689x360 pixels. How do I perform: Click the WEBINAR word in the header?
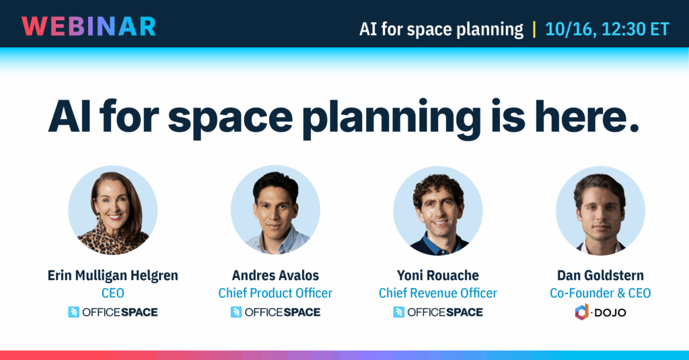click(x=89, y=26)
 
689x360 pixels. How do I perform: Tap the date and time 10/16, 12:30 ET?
click(x=607, y=30)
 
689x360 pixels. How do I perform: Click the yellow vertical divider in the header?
click(x=534, y=30)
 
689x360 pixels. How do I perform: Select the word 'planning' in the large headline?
click(x=391, y=118)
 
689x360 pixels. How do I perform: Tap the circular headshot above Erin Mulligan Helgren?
click(x=113, y=210)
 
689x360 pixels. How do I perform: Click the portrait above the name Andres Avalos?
click(x=275, y=210)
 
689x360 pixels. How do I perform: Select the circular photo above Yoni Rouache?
click(x=438, y=210)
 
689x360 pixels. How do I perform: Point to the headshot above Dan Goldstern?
click(x=601, y=210)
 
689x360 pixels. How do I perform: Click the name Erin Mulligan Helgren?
click(x=113, y=276)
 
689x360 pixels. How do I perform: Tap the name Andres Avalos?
click(x=275, y=276)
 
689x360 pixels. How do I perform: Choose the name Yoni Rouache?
click(x=438, y=276)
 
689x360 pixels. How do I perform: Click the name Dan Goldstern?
click(x=601, y=276)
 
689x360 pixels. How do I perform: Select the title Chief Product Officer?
click(x=275, y=293)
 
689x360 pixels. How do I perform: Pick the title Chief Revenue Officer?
click(x=438, y=293)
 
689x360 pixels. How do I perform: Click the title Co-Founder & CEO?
click(x=601, y=293)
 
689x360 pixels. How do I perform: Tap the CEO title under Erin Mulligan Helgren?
click(x=113, y=293)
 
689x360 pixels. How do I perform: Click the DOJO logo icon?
click(x=582, y=312)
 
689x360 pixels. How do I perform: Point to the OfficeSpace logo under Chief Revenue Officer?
click(x=438, y=312)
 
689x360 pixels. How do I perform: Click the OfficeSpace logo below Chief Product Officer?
click(x=275, y=312)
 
